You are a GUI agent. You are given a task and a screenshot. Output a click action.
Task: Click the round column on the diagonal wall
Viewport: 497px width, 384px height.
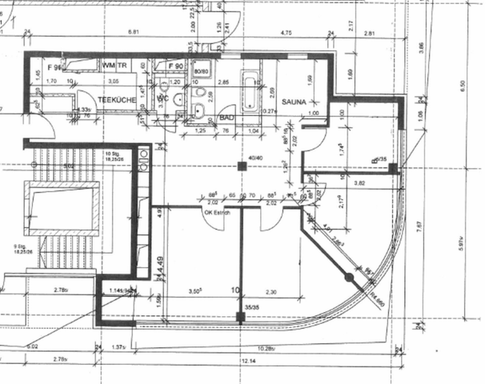pyautogui.click(x=349, y=278)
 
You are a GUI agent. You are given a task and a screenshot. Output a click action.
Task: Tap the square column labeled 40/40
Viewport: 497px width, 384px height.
pyautogui.click(x=242, y=166)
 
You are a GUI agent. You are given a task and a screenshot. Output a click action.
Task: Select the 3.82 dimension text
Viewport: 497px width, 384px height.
pyautogui.click(x=361, y=184)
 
